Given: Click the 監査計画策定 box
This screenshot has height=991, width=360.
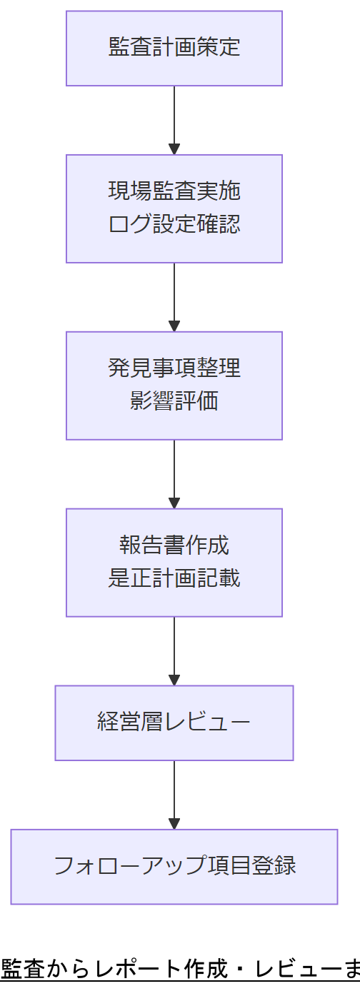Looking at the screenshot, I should [x=174, y=48].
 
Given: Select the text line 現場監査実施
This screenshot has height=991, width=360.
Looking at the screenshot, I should [x=174, y=191].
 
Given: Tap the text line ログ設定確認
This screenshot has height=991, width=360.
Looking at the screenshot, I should [x=174, y=224].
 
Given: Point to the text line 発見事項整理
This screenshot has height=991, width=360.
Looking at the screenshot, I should [x=174, y=368].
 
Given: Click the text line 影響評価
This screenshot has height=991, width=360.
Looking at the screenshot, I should [x=174, y=401].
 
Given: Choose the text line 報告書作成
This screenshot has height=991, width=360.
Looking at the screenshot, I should [x=174, y=545].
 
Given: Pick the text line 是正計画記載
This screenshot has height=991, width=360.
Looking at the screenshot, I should [x=174, y=578].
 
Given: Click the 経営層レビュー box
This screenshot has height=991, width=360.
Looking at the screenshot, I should [x=174, y=723].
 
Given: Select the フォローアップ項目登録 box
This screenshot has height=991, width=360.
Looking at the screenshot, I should [x=174, y=866].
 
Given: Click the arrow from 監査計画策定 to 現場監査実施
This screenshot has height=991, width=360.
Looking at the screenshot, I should [x=174, y=118].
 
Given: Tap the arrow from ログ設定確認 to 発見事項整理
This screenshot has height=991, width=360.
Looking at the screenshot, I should [x=174, y=295].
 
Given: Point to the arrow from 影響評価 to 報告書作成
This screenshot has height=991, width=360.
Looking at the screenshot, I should [x=174, y=472].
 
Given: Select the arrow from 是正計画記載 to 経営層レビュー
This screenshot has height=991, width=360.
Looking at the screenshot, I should [x=174, y=648].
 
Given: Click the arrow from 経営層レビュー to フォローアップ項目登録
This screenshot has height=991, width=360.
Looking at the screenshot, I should [x=174, y=793].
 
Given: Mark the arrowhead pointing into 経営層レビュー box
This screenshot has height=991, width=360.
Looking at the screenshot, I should [x=174, y=680].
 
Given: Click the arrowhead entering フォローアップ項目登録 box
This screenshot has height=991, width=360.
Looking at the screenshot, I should [x=174, y=823].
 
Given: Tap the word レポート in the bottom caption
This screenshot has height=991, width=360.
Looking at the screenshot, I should [x=142, y=970].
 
